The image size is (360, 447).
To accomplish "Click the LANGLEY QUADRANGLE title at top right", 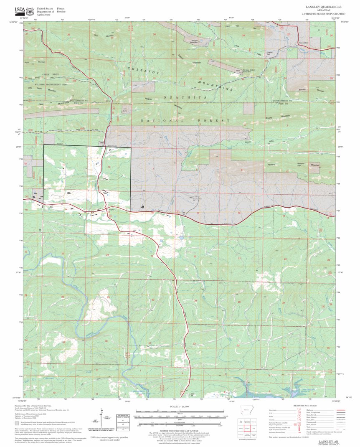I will coord(323,7).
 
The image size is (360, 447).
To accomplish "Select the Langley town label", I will coord(110,209).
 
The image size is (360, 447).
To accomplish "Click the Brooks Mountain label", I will coord(277,117).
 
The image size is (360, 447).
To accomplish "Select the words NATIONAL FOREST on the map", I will coord(185,121).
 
